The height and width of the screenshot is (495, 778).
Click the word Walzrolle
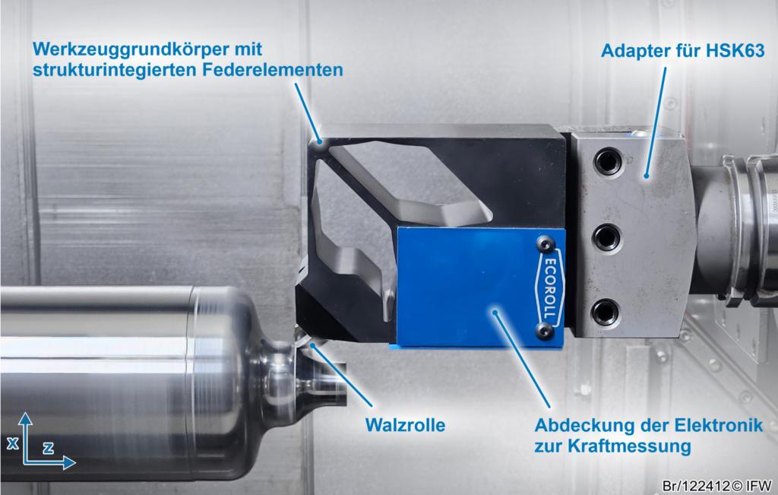pyautogui.click(x=405, y=424)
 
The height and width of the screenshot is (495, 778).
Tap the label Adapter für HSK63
pyautogui.click(x=682, y=51)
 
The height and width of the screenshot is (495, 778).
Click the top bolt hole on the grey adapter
pyautogui.click(x=607, y=161)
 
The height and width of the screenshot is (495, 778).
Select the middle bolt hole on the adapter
pyautogui.click(x=606, y=237)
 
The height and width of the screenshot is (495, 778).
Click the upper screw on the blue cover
pyautogui.click(x=543, y=243)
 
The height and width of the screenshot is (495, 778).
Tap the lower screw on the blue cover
pyautogui.click(x=544, y=330)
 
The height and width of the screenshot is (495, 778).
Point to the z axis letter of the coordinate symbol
pyautogui.click(x=48, y=448)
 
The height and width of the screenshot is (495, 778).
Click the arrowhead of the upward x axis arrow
pyautogui.click(x=25, y=418)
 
